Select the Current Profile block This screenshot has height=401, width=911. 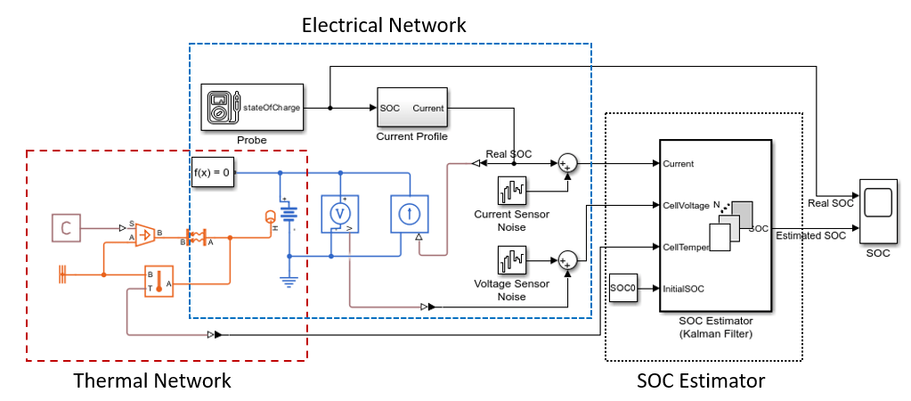click(411, 109)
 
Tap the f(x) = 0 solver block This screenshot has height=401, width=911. click(214, 172)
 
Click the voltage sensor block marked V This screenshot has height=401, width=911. click(339, 214)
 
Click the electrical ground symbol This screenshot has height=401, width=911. click(289, 280)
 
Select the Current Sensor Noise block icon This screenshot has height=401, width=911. click(511, 191)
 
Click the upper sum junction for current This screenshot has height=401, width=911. click(567, 163)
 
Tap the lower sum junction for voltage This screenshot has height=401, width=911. click(567, 261)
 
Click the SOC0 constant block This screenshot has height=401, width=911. click(623, 288)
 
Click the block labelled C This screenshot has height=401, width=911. click(65, 228)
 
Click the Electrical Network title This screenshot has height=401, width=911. click(384, 25)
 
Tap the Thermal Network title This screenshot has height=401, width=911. click(152, 381)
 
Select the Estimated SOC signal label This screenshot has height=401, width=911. click(810, 236)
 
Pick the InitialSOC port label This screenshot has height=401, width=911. click(684, 288)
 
